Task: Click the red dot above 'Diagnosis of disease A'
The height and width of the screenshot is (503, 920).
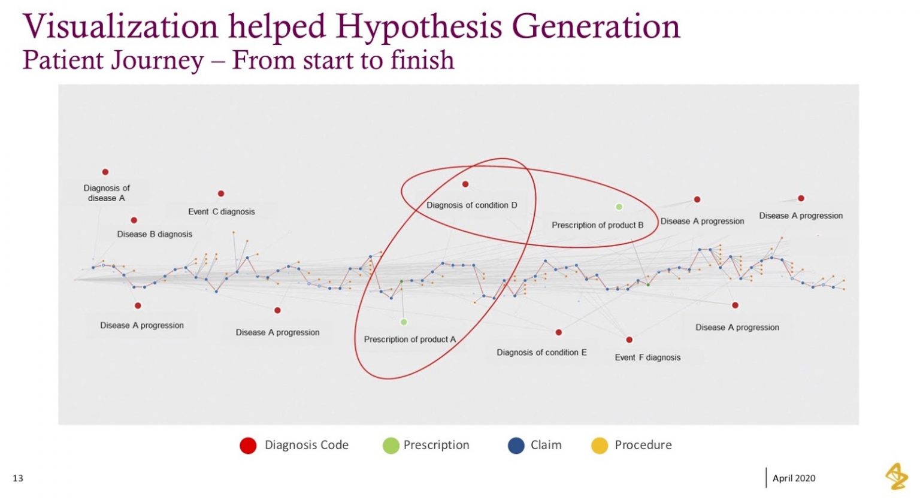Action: pyautogui.click(x=105, y=172)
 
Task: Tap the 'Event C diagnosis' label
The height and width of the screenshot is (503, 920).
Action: pyautogui.click(x=221, y=211)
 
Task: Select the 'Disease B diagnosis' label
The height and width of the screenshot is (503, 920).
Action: pyautogui.click(x=155, y=234)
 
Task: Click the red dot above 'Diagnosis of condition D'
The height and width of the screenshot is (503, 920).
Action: pyautogui.click(x=465, y=184)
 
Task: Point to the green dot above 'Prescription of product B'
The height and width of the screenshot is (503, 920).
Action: pyautogui.click(x=619, y=207)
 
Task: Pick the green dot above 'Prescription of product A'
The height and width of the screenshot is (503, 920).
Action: pyautogui.click(x=404, y=322)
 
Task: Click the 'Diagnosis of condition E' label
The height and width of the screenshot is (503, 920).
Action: pyautogui.click(x=541, y=353)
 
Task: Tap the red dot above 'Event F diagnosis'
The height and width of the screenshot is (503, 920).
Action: pyautogui.click(x=630, y=340)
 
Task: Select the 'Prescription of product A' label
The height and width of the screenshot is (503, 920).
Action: pyautogui.click(x=410, y=340)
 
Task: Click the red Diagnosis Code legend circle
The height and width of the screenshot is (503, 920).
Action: pyautogui.click(x=248, y=446)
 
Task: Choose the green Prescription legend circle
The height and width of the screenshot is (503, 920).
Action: pyautogui.click(x=391, y=446)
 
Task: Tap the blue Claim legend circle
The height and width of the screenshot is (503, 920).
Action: pyautogui.click(x=516, y=446)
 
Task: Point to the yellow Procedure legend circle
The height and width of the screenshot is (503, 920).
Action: pyautogui.click(x=600, y=446)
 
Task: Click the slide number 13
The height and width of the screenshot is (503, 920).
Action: pyautogui.click(x=18, y=478)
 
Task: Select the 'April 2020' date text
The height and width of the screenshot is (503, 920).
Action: pyautogui.click(x=794, y=478)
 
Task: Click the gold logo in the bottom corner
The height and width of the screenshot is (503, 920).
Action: pyautogui.click(x=897, y=476)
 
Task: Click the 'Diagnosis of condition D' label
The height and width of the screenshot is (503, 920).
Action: pyautogui.click(x=471, y=205)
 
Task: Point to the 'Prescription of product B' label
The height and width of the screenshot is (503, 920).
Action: pyautogui.click(x=597, y=225)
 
